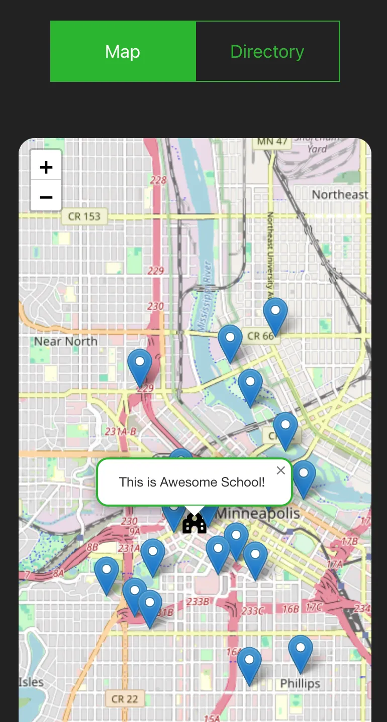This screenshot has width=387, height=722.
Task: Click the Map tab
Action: click(123, 51)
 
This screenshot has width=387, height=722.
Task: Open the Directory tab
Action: click(267, 51)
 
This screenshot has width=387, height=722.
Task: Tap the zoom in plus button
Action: click(46, 167)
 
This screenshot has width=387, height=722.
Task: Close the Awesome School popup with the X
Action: click(280, 470)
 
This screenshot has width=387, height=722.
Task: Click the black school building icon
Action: click(195, 523)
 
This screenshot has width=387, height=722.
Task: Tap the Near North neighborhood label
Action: click(65, 341)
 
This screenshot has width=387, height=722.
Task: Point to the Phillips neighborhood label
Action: click(300, 683)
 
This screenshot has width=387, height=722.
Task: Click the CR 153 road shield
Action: click(84, 217)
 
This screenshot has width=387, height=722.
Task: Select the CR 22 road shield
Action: click(125, 698)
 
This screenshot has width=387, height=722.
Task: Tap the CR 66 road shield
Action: click(261, 336)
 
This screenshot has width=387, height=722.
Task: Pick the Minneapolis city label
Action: click(258, 514)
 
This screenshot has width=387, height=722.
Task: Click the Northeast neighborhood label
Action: click(340, 195)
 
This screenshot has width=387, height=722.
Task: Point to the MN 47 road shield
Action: click(272, 142)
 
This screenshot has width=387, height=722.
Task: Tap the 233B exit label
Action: click(197, 601)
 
